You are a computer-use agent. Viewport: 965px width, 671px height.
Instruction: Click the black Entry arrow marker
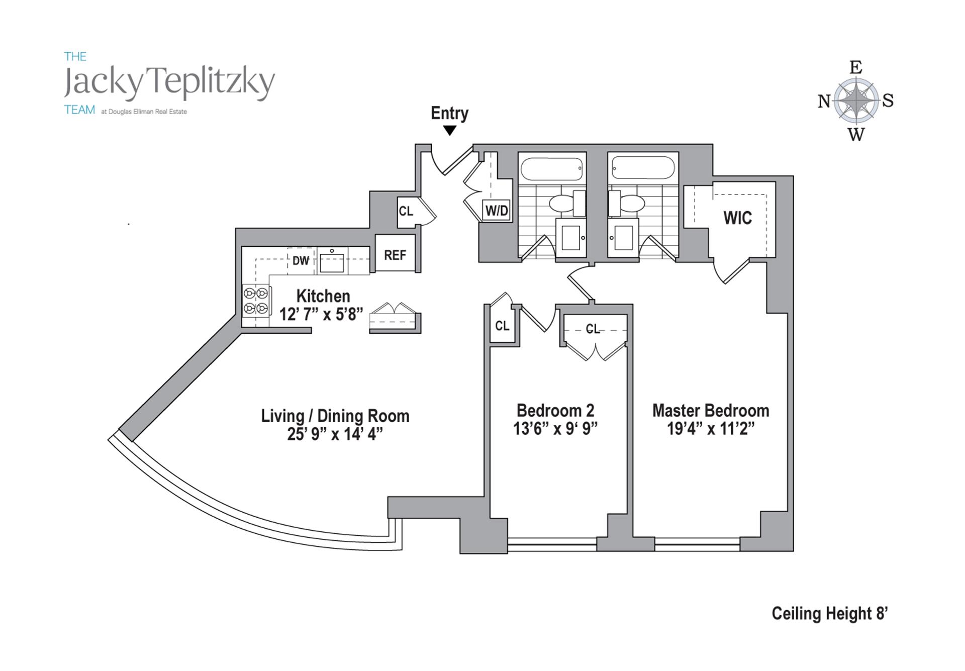(450, 131)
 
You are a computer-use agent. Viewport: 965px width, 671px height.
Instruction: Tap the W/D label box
(497, 211)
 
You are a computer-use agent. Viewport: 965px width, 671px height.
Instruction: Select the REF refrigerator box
(395, 255)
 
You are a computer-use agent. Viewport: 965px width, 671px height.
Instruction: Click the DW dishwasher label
(301, 260)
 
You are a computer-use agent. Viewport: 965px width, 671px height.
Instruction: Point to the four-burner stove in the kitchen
(256, 301)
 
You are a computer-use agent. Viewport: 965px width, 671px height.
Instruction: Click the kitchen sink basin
(332, 262)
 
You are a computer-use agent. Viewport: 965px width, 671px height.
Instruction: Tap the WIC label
(737, 218)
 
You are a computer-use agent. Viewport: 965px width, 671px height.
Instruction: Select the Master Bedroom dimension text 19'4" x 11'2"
(711, 429)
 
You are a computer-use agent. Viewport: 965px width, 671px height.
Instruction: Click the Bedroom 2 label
(555, 411)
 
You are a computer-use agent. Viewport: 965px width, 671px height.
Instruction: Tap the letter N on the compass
(824, 102)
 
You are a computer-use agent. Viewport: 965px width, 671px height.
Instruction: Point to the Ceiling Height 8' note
(829, 614)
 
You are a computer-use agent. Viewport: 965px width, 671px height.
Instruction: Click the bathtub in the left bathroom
(552, 169)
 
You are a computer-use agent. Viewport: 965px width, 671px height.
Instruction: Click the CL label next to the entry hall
(406, 211)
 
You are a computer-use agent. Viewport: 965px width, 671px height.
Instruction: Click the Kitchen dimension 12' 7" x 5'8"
(321, 315)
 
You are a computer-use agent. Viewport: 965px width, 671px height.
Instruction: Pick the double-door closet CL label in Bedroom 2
(593, 329)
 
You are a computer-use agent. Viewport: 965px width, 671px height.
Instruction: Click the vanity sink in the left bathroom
(571, 238)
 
